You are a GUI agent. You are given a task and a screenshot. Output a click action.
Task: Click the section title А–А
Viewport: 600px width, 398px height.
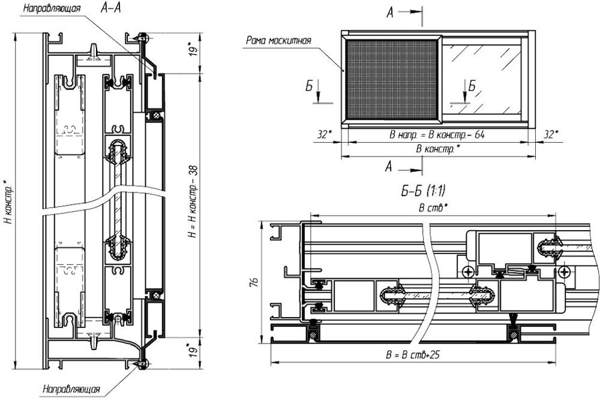point(110,8)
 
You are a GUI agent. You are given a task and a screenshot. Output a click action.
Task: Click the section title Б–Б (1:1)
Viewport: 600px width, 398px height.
point(423,191)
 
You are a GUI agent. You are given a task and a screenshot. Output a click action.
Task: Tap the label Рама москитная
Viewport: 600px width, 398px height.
point(278,40)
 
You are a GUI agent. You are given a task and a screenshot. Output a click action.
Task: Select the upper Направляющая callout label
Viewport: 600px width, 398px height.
point(52,8)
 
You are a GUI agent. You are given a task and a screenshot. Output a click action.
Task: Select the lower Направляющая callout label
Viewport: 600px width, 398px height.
point(71,389)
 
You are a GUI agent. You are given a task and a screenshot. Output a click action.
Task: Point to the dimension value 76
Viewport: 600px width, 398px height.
point(254,282)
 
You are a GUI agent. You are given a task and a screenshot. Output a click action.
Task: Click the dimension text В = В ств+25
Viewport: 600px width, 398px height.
point(413,355)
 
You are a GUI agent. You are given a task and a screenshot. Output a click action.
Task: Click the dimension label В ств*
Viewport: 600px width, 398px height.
point(433,208)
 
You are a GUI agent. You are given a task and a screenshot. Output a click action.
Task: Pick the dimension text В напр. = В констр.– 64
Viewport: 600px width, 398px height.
point(437,135)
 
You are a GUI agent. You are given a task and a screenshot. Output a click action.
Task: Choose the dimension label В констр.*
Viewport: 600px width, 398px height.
point(438,149)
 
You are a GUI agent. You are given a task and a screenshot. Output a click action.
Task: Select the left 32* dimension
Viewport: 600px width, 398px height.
point(324,135)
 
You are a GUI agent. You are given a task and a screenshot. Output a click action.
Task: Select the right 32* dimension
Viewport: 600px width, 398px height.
point(551,135)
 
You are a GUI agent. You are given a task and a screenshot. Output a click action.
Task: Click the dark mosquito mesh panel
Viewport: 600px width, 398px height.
point(392,79)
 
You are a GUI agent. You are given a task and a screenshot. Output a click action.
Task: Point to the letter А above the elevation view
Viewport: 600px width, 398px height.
point(389,13)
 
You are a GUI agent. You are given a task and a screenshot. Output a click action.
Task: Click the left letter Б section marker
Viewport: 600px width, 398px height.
point(309,87)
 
